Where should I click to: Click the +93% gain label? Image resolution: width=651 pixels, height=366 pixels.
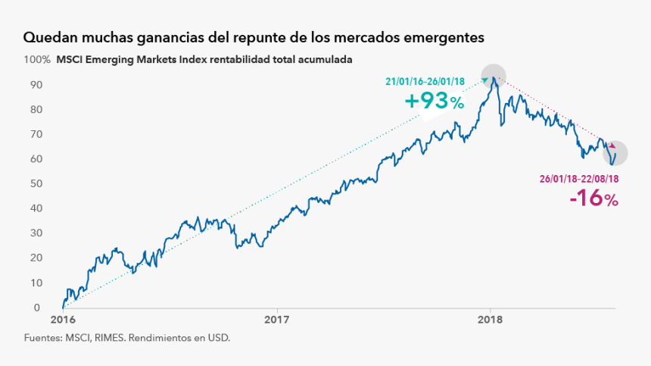click(435, 102)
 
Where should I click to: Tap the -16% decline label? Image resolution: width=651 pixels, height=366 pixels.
click(594, 199)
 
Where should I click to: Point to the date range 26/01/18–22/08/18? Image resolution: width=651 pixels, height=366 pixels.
click(578, 180)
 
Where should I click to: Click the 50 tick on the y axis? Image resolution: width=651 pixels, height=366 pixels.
click(35, 183)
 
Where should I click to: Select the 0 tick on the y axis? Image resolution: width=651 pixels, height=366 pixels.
click(37, 308)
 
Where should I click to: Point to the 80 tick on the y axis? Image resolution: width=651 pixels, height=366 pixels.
click(35, 109)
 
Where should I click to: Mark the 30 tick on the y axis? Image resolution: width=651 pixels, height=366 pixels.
click(35, 233)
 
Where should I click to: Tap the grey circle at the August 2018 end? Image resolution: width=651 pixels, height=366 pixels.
click(615, 154)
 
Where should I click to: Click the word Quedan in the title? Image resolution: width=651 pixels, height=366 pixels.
click(49, 37)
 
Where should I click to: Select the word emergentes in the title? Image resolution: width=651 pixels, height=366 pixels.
click(441, 37)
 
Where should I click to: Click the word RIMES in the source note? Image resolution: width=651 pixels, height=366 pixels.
click(108, 338)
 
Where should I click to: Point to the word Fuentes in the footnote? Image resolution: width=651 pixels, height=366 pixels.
click(43, 338)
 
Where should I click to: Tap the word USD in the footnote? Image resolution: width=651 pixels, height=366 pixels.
click(218, 338)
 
